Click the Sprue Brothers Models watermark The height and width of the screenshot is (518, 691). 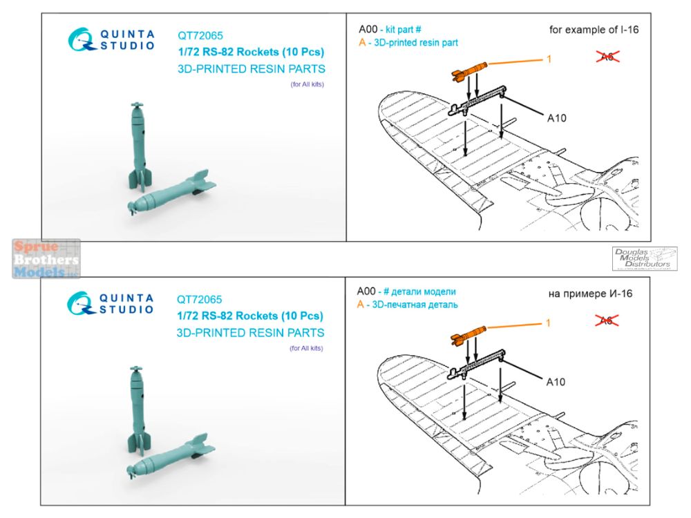click(x=46, y=259)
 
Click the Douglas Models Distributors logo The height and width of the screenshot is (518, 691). click(x=644, y=258)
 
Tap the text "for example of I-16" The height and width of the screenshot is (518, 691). click(x=594, y=30)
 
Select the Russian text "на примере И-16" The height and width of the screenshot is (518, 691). click(x=590, y=294)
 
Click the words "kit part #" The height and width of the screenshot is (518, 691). click(x=404, y=30)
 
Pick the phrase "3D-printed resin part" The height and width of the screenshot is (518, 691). click(x=415, y=43)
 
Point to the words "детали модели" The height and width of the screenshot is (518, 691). click(x=424, y=291)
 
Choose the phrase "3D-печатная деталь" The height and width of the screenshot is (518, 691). click(x=415, y=305)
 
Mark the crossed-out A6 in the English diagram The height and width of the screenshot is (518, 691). click(x=607, y=57)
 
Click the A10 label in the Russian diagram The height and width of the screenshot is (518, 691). click(x=556, y=382)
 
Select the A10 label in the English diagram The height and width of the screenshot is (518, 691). click(x=556, y=118)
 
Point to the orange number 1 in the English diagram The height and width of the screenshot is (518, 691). click(x=549, y=59)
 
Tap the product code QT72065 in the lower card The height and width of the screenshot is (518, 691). click(x=199, y=300)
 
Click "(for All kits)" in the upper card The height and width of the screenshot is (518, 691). click(x=307, y=84)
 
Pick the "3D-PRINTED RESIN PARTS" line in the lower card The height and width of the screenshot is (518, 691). click(x=250, y=333)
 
